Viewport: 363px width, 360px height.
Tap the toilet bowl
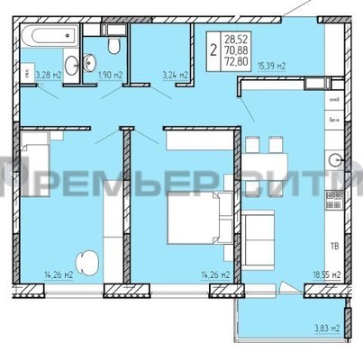coord(113,46)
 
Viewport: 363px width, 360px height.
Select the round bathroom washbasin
coord(90,62)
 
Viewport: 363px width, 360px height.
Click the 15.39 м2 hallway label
coord(271,66)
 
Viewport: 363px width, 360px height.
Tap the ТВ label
coord(333,243)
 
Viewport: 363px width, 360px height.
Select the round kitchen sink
coord(335,162)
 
